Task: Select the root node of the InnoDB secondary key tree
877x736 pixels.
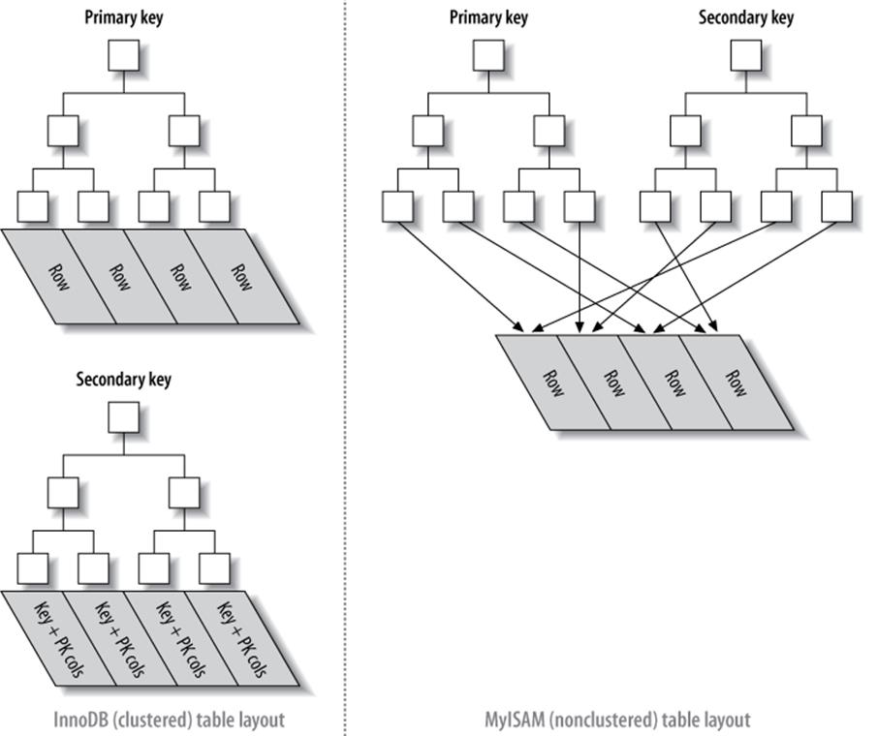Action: (x=123, y=418)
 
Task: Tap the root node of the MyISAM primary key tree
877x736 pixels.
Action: (x=487, y=55)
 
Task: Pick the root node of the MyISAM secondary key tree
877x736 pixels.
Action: (x=745, y=55)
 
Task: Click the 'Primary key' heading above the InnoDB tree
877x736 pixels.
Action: (x=123, y=17)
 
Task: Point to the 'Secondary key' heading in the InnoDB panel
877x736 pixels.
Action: (x=123, y=380)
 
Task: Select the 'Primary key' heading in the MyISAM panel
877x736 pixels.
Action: (x=487, y=17)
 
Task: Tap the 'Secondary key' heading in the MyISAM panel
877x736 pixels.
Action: (x=745, y=17)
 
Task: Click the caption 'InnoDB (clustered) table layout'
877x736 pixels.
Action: (x=170, y=720)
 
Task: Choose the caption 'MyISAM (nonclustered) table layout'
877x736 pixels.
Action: (x=617, y=720)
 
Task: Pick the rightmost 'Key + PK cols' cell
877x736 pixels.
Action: (x=242, y=639)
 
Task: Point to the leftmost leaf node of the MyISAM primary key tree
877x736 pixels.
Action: (x=397, y=206)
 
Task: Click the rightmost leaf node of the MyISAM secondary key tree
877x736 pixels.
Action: (x=836, y=206)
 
